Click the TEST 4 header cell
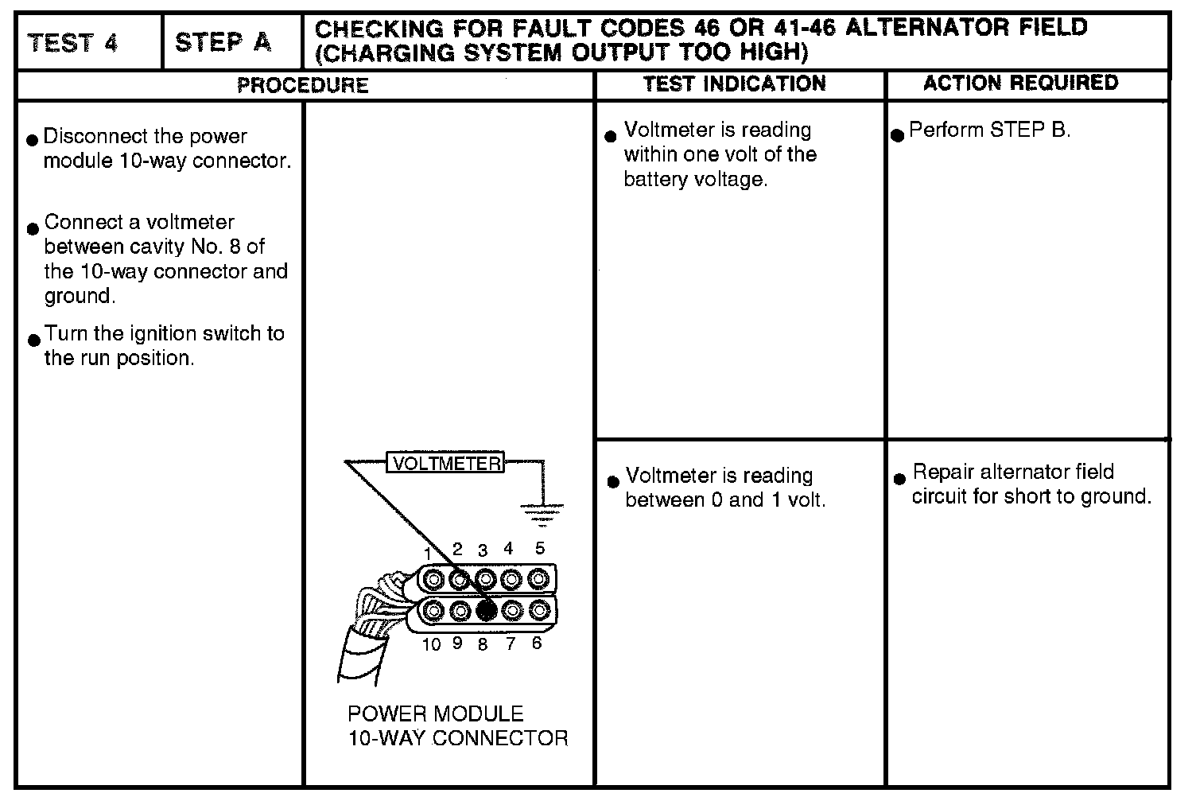tap(73, 43)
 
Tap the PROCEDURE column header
tap(303, 85)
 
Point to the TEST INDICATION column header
tap(735, 84)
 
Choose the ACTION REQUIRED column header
tap(1020, 83)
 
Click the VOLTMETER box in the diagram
tap(445, 463)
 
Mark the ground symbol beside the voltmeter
tap(542, 513)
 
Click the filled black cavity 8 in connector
tap(487, 610)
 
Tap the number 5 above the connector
tap(540, 548)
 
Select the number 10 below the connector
tap(431, 644)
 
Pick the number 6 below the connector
tap(537, 643)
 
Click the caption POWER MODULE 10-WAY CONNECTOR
tap(457, 725)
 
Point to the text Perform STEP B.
tap(989, 130)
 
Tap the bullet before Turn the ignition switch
tap(33, 340)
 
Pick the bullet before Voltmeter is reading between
tap(613, 481)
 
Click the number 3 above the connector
tap(482, 550)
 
